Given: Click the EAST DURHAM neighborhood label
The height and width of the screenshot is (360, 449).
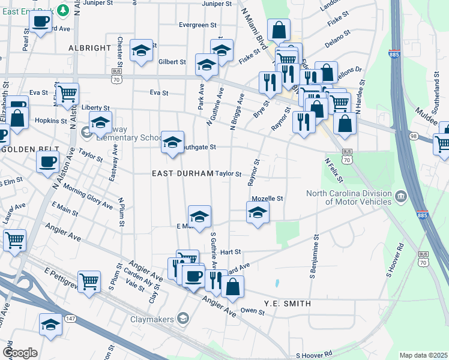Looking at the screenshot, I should coord(182,173).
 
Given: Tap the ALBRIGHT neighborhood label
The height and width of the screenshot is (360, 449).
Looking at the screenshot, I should coord(90,47).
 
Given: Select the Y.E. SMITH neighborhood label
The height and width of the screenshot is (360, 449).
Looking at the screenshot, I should coord(288,304).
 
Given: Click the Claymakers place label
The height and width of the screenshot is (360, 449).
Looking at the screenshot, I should coord(152,319).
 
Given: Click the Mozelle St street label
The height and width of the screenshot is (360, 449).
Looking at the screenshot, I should coord(267,198).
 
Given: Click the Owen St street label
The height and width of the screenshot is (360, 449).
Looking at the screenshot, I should coord(252,311).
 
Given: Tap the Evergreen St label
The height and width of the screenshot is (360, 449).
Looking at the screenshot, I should coord(197,25).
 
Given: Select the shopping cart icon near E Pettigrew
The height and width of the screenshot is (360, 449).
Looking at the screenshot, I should coord(89,280).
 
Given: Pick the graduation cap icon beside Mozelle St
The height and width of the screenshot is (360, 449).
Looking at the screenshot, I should coord(258,212).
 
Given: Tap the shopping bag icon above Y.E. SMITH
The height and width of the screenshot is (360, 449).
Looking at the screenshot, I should coord(233,286).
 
